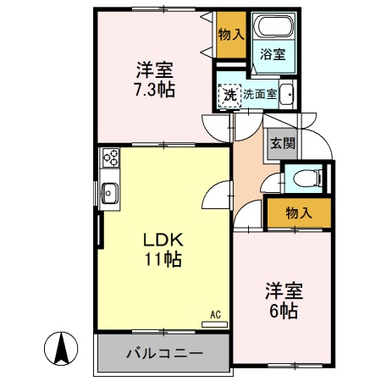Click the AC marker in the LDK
[x=215, y=315]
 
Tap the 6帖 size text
[x=284, y=311]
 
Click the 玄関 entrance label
[x=283, y=143]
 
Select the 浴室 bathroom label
[x=272, y=55]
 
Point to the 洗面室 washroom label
[x=260, y=94]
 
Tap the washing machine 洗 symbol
[x=229, y=94]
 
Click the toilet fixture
[x=304, y=178]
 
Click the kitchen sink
[x=110, y=194]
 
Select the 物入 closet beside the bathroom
[x=229, y=35]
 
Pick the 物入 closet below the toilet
[x=297, y=213]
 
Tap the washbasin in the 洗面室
[x=286, y=95]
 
